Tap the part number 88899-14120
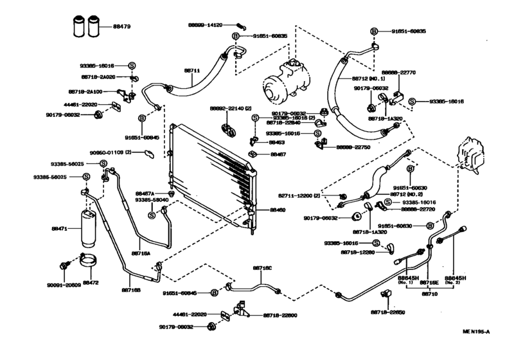pyautogui.click(x=205, y=25)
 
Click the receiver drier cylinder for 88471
pyautogui.click(x=86, y=228)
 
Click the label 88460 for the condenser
pyautogui.click(x=277, y=210)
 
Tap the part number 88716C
pyautogui.click(x=262, y=267)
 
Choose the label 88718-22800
pyautogui.click(x=281, y=315)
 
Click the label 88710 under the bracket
pyautogui.click(x=429, y=293)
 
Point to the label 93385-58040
pyautogui.click(x=152, y=200)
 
